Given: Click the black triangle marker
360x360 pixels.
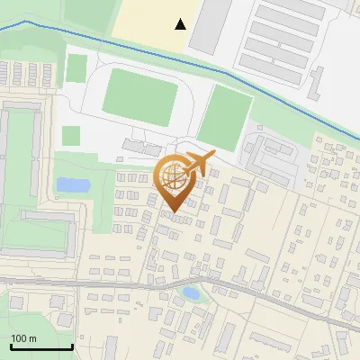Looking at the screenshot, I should point(182,24).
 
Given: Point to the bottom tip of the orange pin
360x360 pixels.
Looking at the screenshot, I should point(171,211).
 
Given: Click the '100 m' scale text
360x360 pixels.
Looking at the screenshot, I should point(23,338).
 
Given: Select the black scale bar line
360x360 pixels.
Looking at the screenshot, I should point(41,346).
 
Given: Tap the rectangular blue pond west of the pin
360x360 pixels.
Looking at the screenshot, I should point(72,184).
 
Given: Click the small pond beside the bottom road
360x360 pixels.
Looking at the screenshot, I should point(191,292).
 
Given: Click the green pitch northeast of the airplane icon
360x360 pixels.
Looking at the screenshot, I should point(225,117).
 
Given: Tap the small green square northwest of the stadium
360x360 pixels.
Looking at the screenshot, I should point(76,67).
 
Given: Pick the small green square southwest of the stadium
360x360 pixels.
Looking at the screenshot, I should point(71,136).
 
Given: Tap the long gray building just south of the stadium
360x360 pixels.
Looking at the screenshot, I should point(139,146).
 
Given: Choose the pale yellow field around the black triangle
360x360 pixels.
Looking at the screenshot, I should point(153,22).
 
